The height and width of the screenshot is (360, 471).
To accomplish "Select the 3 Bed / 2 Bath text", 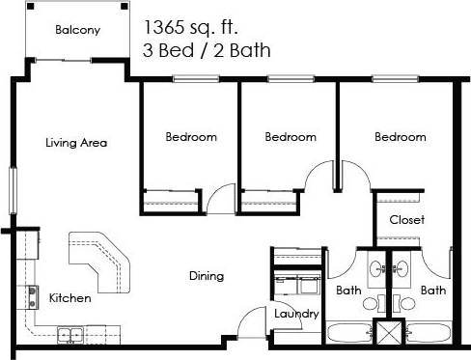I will [207, 49].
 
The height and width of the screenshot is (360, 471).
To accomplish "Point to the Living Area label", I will [76, 143].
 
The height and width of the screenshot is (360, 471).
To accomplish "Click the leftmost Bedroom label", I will [190, 137].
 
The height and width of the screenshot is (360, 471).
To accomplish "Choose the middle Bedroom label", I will [291, 137].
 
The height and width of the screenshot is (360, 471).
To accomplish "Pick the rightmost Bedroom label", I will [401, 137].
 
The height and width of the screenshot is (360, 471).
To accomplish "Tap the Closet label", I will [406, 219].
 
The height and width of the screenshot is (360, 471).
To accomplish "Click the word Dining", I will [206, 276].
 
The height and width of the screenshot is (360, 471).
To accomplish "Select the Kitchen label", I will [70, 298].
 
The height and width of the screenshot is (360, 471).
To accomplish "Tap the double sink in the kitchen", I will [69, 335].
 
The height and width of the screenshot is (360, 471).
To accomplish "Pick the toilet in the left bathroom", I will [370, 303].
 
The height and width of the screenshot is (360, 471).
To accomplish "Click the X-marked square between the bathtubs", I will [392, 335].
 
